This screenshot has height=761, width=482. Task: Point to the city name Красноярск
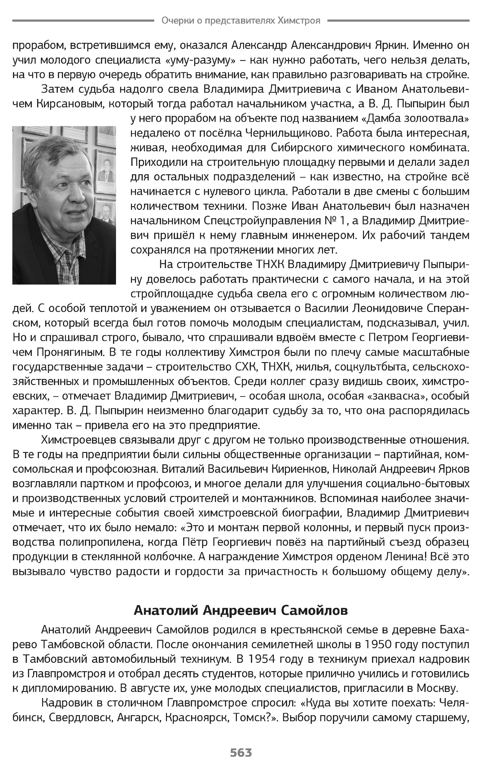coord(197,717)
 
